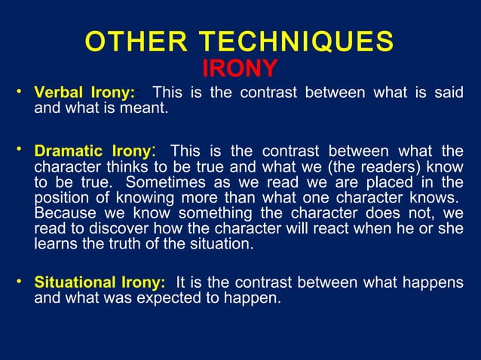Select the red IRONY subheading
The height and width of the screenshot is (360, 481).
click(x=240, y=69)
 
